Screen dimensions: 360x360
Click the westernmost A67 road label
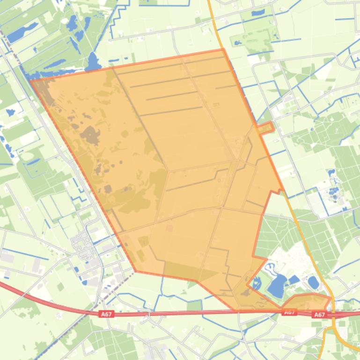[x=107, y=315]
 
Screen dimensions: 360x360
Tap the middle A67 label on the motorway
[x=289, y=312]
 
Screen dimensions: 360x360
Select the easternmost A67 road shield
[x=320, y=315]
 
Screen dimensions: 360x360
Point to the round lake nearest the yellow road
[x=313, y=282]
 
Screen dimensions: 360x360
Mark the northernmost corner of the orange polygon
[x=223, y=49]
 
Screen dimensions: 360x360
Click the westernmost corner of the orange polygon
[x=31, y=81]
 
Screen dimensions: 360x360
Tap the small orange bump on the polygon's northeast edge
[x=266, y=128]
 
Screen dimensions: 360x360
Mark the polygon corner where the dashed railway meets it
[x=135, y=271]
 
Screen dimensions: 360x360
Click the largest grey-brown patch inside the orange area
[x=90, y=135]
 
